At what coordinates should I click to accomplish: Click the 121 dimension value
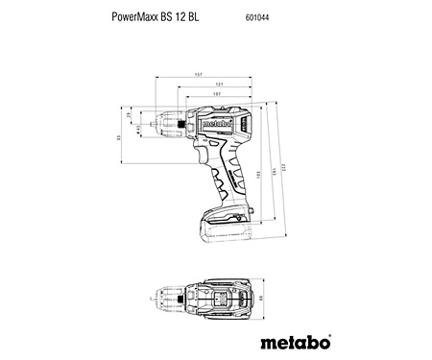point(219,84)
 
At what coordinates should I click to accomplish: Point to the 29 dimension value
point(130,115)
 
